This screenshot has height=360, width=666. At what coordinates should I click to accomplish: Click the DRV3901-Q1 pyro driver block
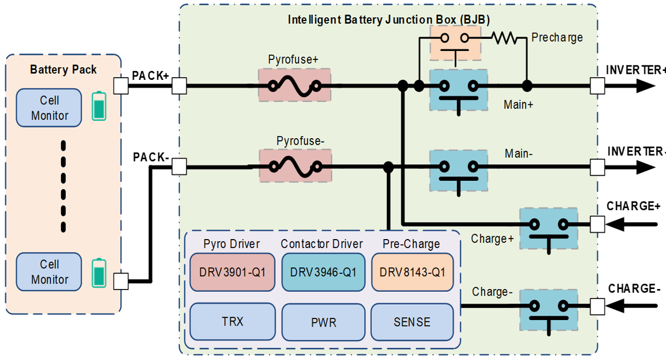point(233,272)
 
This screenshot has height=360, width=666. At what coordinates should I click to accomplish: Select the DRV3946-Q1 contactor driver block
point(324,272)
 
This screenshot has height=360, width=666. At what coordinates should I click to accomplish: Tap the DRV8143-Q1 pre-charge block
point(411,272)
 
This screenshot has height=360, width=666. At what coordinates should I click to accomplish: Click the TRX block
point(233,321)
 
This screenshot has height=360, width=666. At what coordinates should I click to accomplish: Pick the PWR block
point(324,321)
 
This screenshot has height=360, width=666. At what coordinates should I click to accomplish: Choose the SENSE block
point(411,321)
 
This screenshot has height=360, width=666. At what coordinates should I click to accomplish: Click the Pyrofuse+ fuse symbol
point(294,85)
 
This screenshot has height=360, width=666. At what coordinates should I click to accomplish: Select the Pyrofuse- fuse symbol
point(294,166)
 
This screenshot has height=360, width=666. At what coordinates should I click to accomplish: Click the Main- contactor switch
point(458,169)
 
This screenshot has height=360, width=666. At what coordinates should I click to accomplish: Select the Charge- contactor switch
point(548,308)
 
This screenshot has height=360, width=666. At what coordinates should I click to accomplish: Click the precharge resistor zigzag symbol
point(506,38)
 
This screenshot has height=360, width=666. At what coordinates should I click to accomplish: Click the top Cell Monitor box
point(49,108)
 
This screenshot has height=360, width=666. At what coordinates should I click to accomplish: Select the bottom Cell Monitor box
point(49,272)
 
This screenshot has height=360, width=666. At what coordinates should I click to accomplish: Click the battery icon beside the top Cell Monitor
point(99,107)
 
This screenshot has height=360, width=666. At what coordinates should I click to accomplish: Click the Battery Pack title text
point(63,70)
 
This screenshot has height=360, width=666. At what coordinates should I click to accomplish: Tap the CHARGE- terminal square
point(597,305)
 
